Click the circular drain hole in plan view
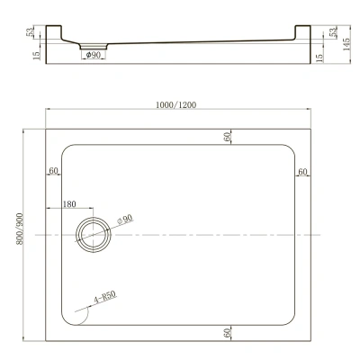(x=93, y=235)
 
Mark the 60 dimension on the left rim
(x=54, y=170)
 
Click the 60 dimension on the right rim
(x=302, y=170)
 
